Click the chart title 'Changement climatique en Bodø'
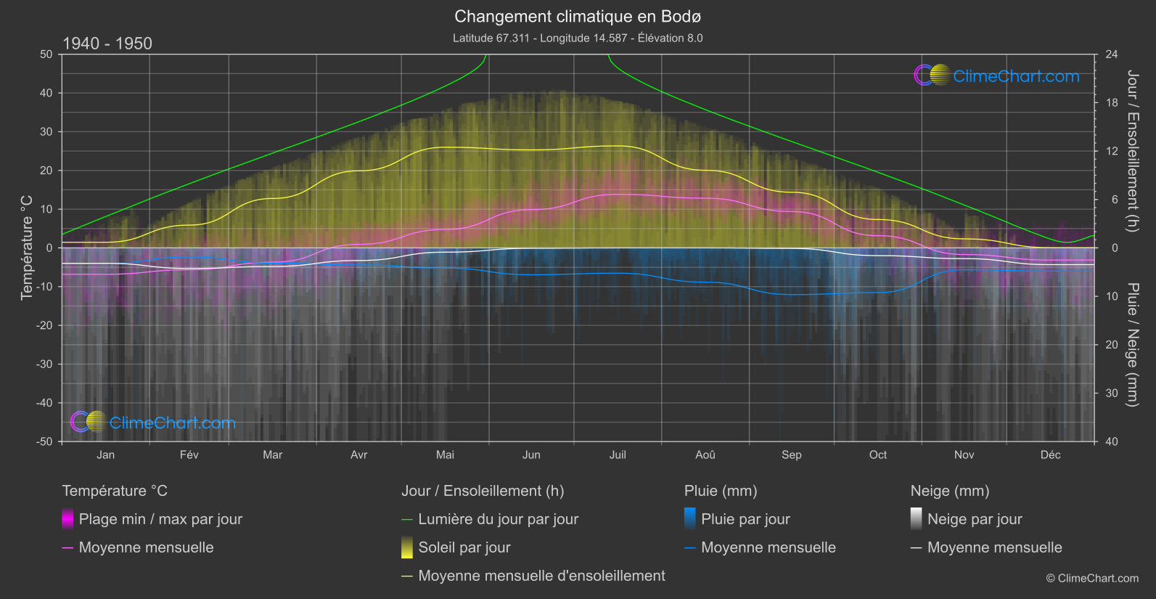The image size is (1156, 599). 578,16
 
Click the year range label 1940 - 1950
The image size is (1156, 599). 107,44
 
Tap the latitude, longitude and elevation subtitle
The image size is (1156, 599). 578,38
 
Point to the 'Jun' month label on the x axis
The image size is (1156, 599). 531,455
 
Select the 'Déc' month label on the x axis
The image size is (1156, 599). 1050,455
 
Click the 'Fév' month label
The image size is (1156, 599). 189,455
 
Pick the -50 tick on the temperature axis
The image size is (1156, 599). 46,441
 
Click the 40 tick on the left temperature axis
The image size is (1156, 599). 46,93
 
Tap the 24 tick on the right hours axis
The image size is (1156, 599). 1111,54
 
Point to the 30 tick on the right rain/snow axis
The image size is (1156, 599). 1111,393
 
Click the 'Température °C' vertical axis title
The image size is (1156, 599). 27,248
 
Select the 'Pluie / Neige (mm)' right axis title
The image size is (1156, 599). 1132,345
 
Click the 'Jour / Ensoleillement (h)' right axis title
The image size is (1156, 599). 1132,151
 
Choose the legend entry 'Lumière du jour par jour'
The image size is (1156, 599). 498,519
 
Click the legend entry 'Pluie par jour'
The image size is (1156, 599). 745,519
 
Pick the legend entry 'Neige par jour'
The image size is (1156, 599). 975,519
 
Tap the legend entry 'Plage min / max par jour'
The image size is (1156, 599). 160,519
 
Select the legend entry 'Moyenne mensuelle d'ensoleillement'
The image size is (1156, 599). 541,576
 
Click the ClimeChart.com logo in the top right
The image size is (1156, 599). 997,76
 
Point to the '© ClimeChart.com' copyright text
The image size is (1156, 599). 1092,578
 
